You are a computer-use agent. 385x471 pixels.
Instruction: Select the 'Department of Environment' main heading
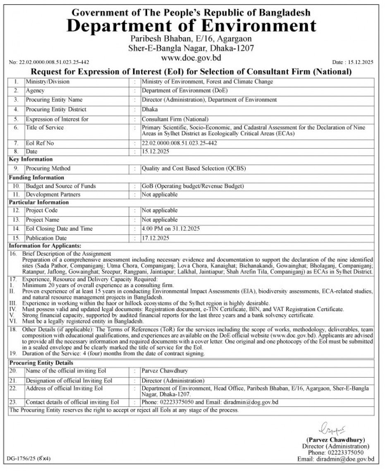pos(191,27)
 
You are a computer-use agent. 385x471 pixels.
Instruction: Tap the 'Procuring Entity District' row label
pos(56,109)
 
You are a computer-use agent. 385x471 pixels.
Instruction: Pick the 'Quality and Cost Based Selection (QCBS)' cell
pos(189,168)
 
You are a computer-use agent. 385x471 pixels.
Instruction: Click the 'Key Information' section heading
pos(31,159)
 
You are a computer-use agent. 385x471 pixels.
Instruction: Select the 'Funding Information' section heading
pos(34,177)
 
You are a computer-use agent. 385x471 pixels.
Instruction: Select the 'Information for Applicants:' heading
pos(45,246)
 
